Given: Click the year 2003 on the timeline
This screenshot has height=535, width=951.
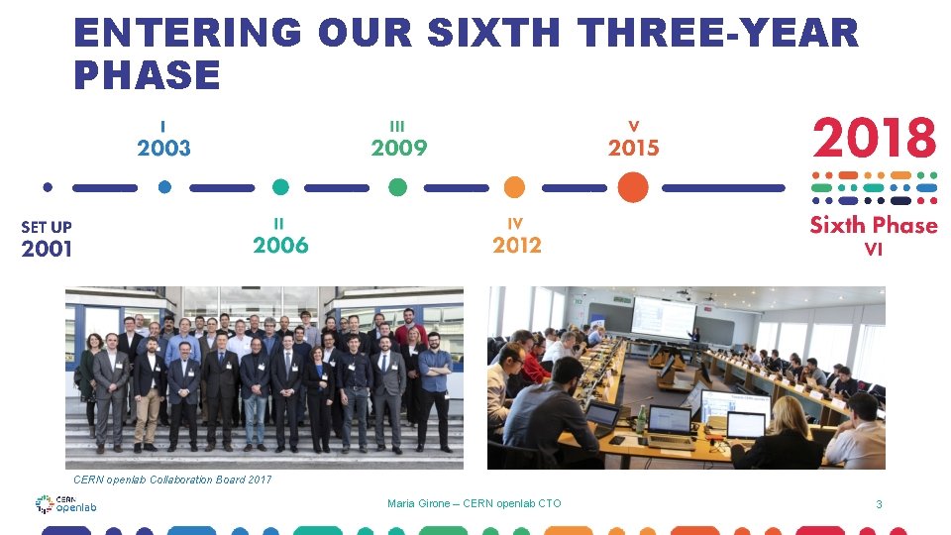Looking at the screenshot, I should click(163, 149).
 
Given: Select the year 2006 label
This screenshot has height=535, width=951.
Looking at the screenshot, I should click(280, 245).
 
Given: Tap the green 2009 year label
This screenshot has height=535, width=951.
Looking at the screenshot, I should click(398, 149).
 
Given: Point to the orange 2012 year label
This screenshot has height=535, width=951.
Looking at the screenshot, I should click(516, 245).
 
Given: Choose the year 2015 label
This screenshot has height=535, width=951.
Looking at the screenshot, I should click(633, 149).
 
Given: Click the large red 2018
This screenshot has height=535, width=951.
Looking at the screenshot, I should click(874, 139).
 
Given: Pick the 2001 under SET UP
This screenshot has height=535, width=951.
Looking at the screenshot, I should click(47, 249).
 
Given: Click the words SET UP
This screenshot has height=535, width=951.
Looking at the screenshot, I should click(47, 227).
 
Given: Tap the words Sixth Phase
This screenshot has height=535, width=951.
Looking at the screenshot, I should click(873, 225).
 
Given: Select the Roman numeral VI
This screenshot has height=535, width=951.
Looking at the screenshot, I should click(873, 250).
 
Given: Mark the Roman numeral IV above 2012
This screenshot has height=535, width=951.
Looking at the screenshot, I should click(514, 224).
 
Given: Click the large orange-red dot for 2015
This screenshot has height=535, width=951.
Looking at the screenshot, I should click(632, 187).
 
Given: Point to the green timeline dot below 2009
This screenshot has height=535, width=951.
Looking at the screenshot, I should click(397, 187).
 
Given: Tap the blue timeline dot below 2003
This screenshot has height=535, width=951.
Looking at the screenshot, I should click(164, 186).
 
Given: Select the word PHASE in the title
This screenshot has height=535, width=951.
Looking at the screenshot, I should click(147, 75).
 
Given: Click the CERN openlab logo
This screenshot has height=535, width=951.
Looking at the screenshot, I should click(66, 504).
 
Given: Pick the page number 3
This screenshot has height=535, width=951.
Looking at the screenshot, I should click(878, 504).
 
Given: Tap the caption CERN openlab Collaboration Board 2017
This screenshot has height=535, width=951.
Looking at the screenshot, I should click(168, 480).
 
